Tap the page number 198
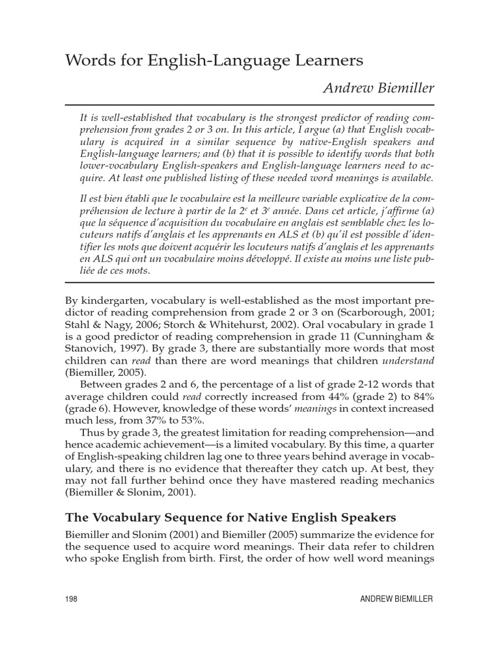pyautogui.click(x=72, y=600)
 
